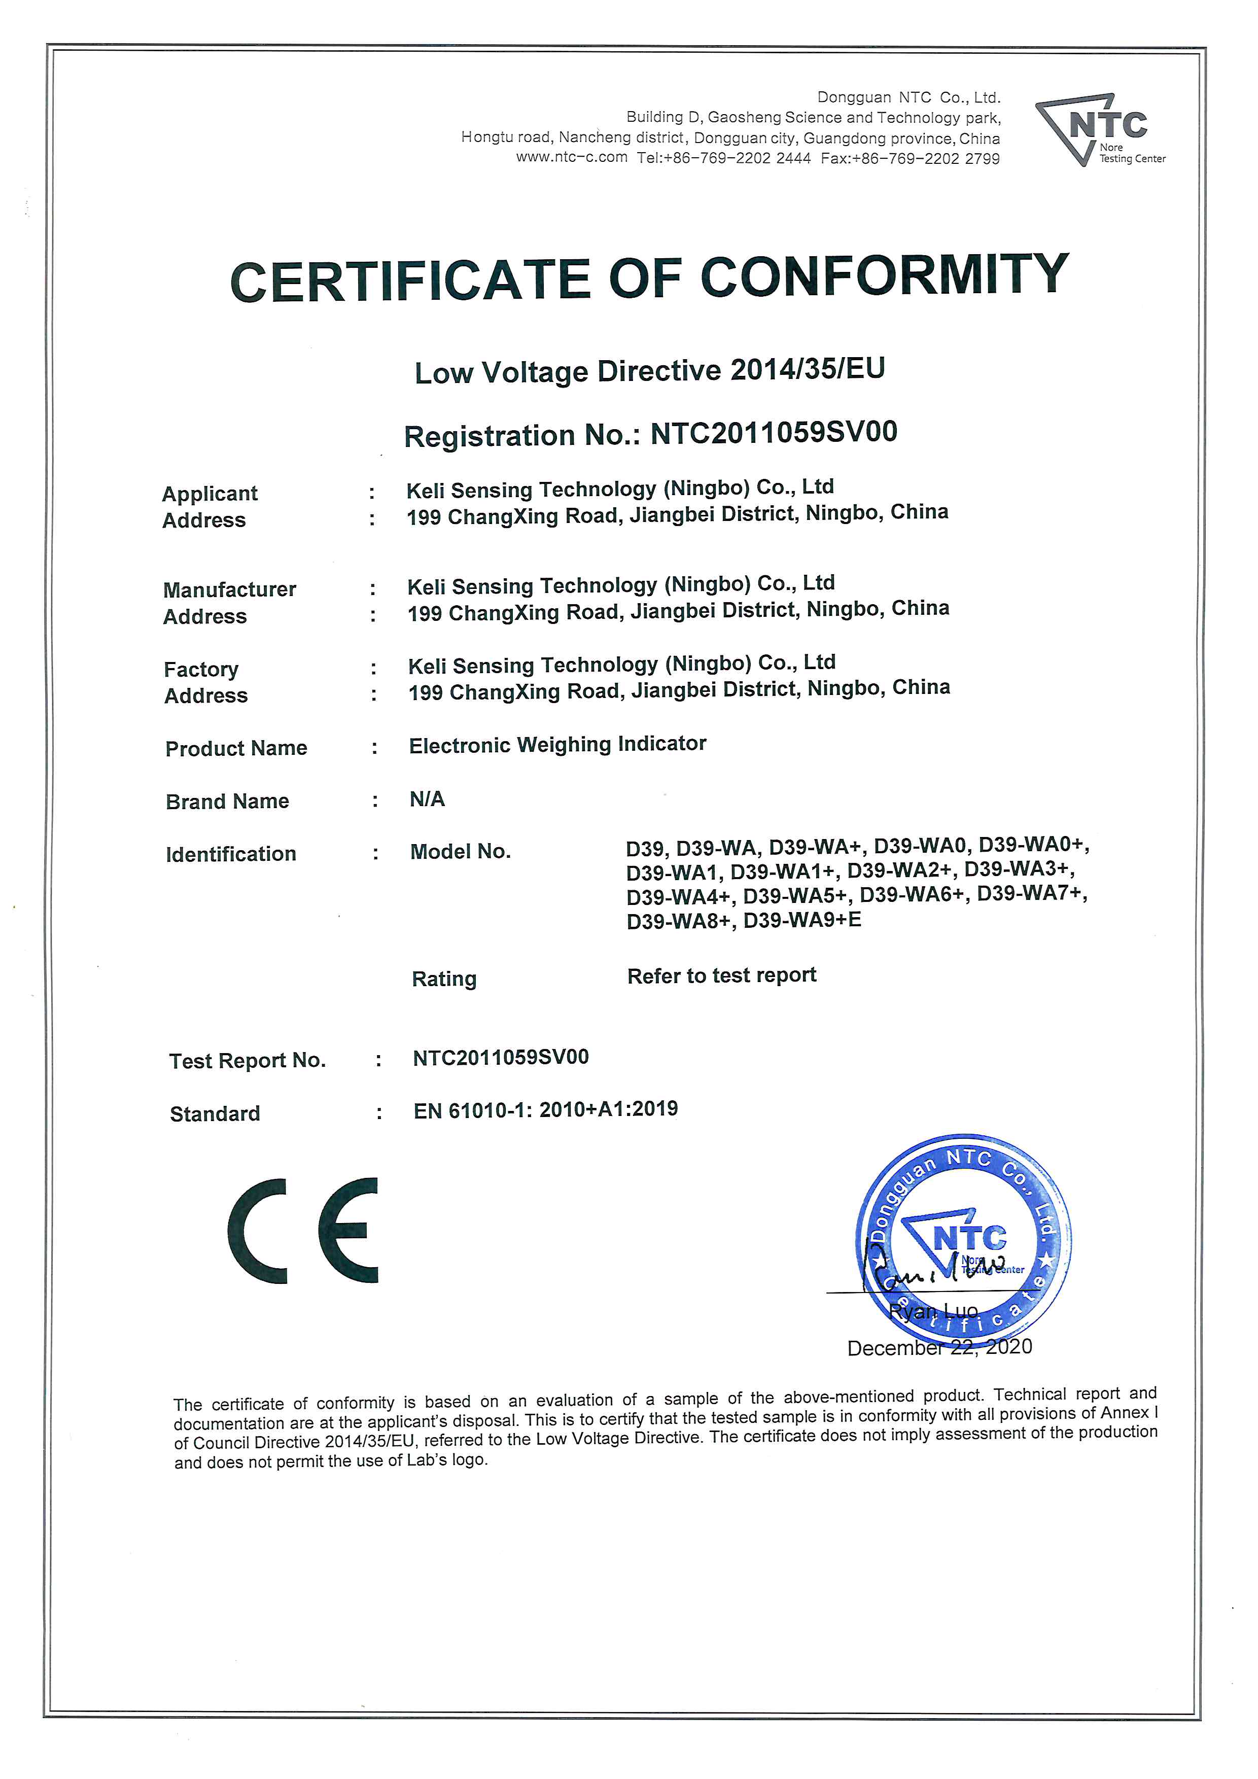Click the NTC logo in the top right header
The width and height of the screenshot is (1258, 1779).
point(1098,129)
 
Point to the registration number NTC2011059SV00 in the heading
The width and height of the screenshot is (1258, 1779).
point(773,432)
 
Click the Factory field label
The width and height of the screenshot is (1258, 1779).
point(201,670)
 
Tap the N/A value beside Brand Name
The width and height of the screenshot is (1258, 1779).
point(427,799)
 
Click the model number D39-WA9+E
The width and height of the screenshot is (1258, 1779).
point(802,921)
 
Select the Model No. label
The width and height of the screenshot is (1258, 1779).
point(460,852)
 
